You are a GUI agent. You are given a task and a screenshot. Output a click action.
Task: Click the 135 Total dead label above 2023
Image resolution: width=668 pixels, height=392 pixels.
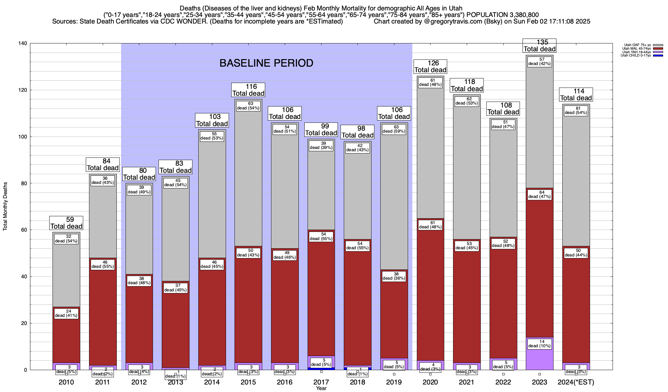(539, 46)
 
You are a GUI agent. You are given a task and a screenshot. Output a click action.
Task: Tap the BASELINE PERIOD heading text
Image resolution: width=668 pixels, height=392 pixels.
(266, 63)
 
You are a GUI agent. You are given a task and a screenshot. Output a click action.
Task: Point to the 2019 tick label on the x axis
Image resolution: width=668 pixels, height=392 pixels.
(394, 382)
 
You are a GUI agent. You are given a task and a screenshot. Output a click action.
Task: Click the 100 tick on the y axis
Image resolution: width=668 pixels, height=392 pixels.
(24, 137)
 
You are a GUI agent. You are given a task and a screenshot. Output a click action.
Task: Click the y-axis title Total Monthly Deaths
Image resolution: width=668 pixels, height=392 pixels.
(5, 206)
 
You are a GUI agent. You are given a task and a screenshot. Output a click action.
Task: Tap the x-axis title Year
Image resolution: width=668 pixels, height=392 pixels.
(321, 388)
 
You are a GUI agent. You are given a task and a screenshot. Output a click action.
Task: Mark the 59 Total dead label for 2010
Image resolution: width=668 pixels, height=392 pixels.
(66, 223)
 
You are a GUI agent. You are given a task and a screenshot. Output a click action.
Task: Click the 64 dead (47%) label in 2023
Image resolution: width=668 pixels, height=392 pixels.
(539, 194)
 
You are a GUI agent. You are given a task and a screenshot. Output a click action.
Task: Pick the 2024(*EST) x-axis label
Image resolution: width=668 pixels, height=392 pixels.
(576, 382)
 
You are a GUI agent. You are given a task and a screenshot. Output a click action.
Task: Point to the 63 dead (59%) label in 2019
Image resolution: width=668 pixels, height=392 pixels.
(394, 129)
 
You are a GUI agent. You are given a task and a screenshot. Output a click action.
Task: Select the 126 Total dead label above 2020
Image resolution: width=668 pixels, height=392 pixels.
(430, 67)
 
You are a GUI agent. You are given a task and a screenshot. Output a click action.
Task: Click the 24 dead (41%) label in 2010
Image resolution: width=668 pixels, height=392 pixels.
(66, 313)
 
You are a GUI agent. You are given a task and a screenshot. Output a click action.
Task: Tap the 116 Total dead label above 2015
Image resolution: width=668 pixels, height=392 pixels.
(248, 90)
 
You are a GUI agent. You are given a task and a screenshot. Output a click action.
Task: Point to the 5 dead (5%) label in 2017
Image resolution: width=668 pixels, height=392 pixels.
(321, 362)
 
